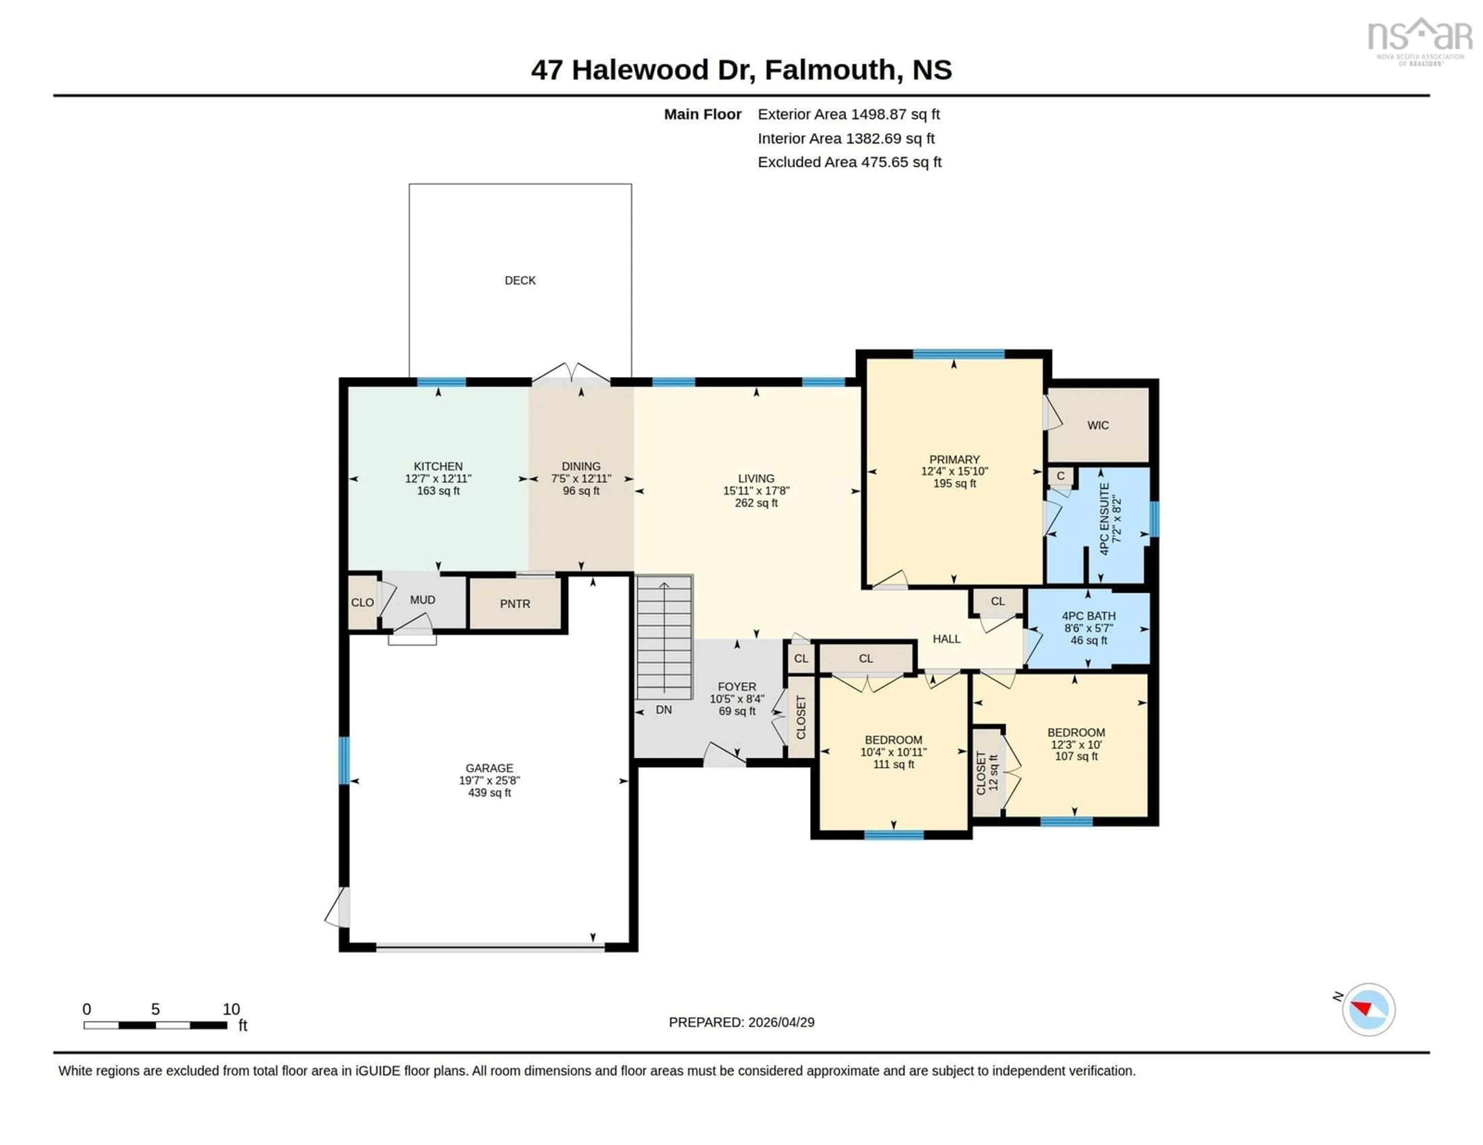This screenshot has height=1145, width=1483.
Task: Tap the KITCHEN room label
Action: (438, 466)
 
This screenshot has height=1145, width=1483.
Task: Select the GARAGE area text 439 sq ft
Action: (489, 793)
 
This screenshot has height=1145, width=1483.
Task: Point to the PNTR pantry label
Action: (515, 604)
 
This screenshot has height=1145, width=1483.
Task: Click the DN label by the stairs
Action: (663, 710)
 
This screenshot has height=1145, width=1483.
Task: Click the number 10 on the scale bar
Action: (231, 1009)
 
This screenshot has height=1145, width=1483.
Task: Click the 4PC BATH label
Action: (1088, 616)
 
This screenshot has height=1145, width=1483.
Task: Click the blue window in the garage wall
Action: (344, 760)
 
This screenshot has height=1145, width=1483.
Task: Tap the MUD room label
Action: (423, 600)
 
